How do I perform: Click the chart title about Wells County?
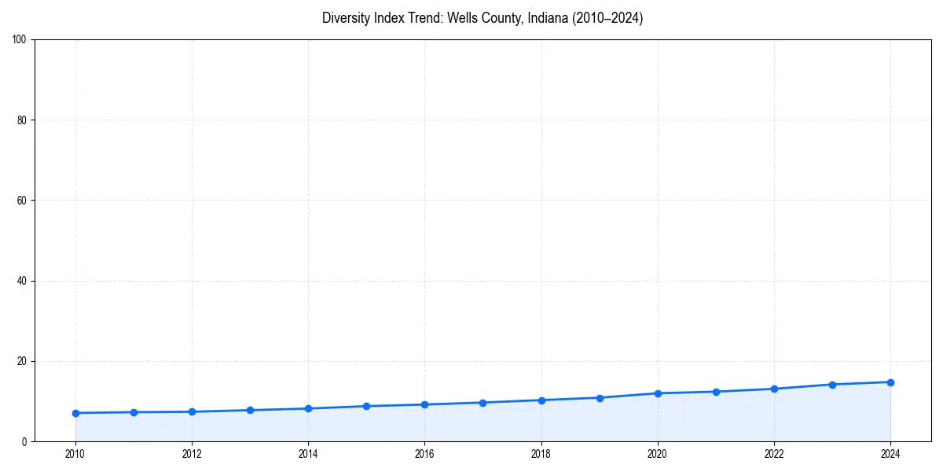483,18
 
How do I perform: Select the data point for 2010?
75,413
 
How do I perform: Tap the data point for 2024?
890,382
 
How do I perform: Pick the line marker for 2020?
658,393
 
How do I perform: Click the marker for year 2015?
366,406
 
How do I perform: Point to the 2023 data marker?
832,385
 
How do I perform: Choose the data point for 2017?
483,403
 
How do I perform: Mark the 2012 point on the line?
192,411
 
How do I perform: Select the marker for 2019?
600,398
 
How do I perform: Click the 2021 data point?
716,392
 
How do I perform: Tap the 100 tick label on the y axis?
20,40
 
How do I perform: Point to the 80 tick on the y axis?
22,120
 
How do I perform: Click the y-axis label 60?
22,201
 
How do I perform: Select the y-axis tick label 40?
22,281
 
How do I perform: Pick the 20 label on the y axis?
22,361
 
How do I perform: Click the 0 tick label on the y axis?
24,441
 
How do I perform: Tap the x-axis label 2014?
308,454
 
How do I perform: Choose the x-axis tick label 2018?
541,454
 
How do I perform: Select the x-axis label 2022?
774,454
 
